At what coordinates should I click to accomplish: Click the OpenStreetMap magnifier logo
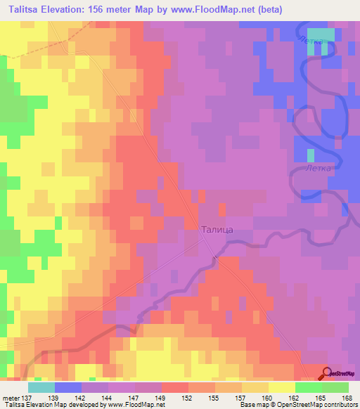[x=327, y=374]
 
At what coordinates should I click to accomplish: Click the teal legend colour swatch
[x=41, y=387]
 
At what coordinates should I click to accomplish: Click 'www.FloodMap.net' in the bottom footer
[x=134, y=405]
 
